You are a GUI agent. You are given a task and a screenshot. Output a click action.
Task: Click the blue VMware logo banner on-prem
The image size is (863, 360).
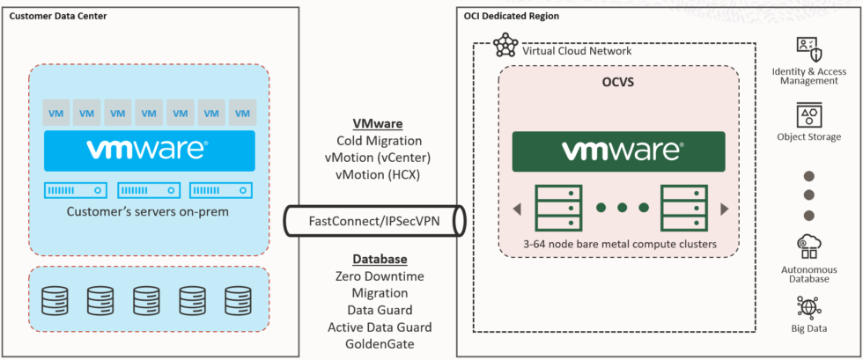(148, 151)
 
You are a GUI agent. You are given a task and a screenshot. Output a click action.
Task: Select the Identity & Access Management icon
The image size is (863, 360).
(808, 48)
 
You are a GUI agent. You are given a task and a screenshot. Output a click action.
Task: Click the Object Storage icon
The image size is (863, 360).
(808, 115)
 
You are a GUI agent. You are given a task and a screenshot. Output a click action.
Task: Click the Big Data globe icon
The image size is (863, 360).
(808, 307)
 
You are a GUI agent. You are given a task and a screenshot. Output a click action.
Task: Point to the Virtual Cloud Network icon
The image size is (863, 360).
(505, 46)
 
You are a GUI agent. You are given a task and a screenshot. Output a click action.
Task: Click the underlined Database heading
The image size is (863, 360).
(380, 260)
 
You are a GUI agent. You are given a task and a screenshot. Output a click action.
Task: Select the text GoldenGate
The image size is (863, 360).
(380, 343)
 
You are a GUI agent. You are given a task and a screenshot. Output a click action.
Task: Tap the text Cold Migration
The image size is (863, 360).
(379, 141)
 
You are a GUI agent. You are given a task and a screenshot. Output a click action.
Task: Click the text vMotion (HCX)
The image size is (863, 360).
(379, 174)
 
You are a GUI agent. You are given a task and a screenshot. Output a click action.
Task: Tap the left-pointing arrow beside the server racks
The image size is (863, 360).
(517, 209)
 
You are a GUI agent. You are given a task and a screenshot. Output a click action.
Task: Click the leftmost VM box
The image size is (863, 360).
(55, 114)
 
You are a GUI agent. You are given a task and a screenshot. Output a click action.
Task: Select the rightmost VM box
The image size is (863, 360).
(240, 114)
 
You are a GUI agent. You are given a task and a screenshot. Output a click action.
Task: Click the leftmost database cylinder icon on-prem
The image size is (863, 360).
(54, 301)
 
